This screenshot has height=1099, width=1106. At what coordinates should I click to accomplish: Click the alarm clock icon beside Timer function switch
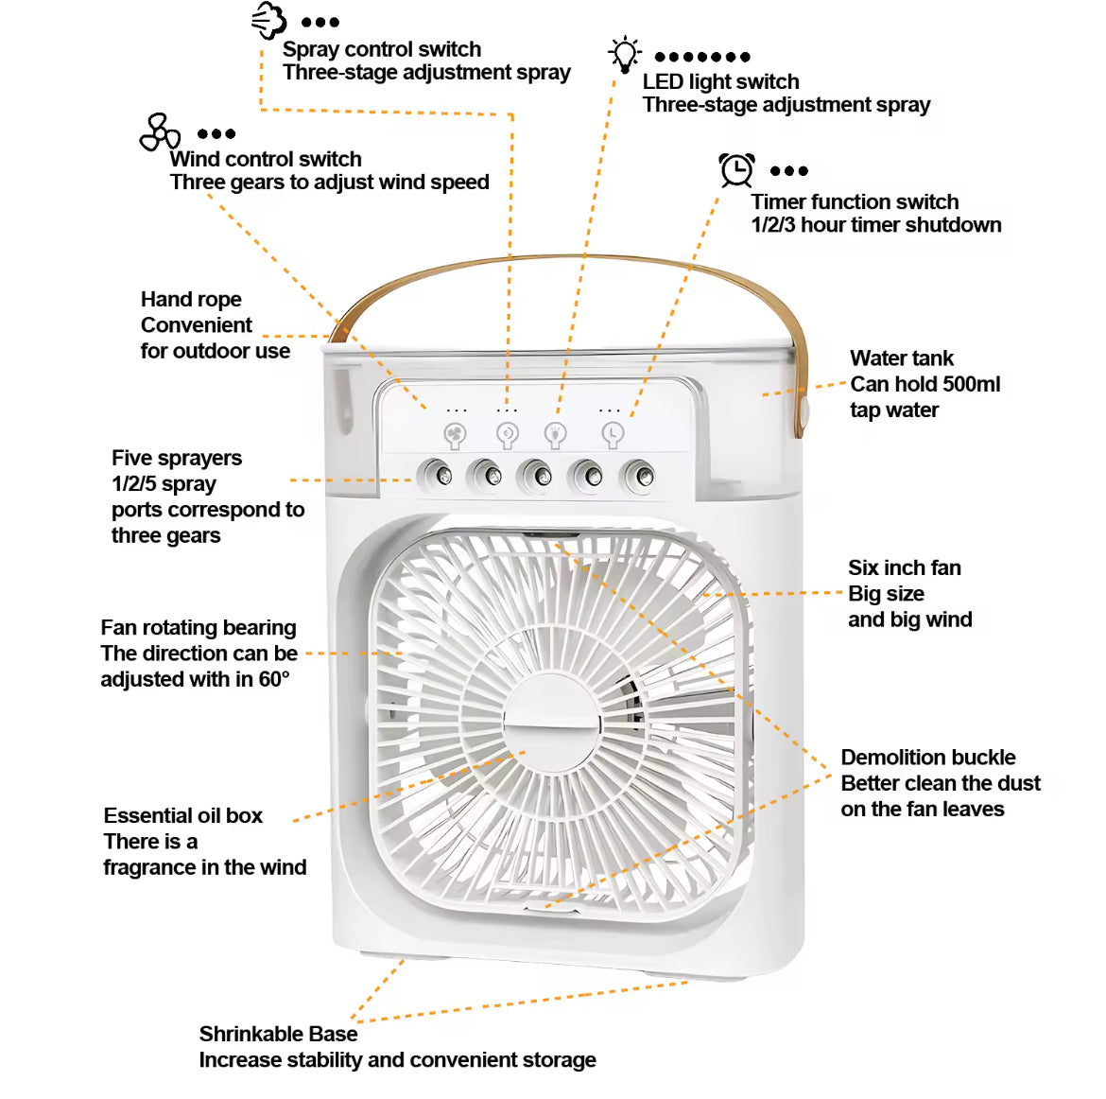(736, 170)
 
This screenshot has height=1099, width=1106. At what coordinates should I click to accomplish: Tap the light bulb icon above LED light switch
(624, 54)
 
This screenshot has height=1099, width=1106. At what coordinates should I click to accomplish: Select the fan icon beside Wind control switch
(160, 133)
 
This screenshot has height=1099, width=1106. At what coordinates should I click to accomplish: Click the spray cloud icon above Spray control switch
(268, 20)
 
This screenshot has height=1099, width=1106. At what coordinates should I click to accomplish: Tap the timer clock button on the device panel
(613, 434)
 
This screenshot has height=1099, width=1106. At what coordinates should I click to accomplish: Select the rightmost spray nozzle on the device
(639, 476)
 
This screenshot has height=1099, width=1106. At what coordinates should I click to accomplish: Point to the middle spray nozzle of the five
(537, 475)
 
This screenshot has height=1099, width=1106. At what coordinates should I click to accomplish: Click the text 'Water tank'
(902, 358)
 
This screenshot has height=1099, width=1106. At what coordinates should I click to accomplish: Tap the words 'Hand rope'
(191, 300)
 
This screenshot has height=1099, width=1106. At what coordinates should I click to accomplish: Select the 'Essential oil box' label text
(183, 816)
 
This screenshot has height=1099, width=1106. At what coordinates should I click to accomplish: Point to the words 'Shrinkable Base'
(278, 1034)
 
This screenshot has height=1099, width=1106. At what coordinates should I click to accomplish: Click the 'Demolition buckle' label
(927, 758)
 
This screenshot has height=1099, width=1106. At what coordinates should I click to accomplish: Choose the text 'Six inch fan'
(904, 568)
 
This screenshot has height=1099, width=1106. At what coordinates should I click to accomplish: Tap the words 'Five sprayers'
(177, 459)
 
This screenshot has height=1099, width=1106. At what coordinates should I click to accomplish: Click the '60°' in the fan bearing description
(274, 679)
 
